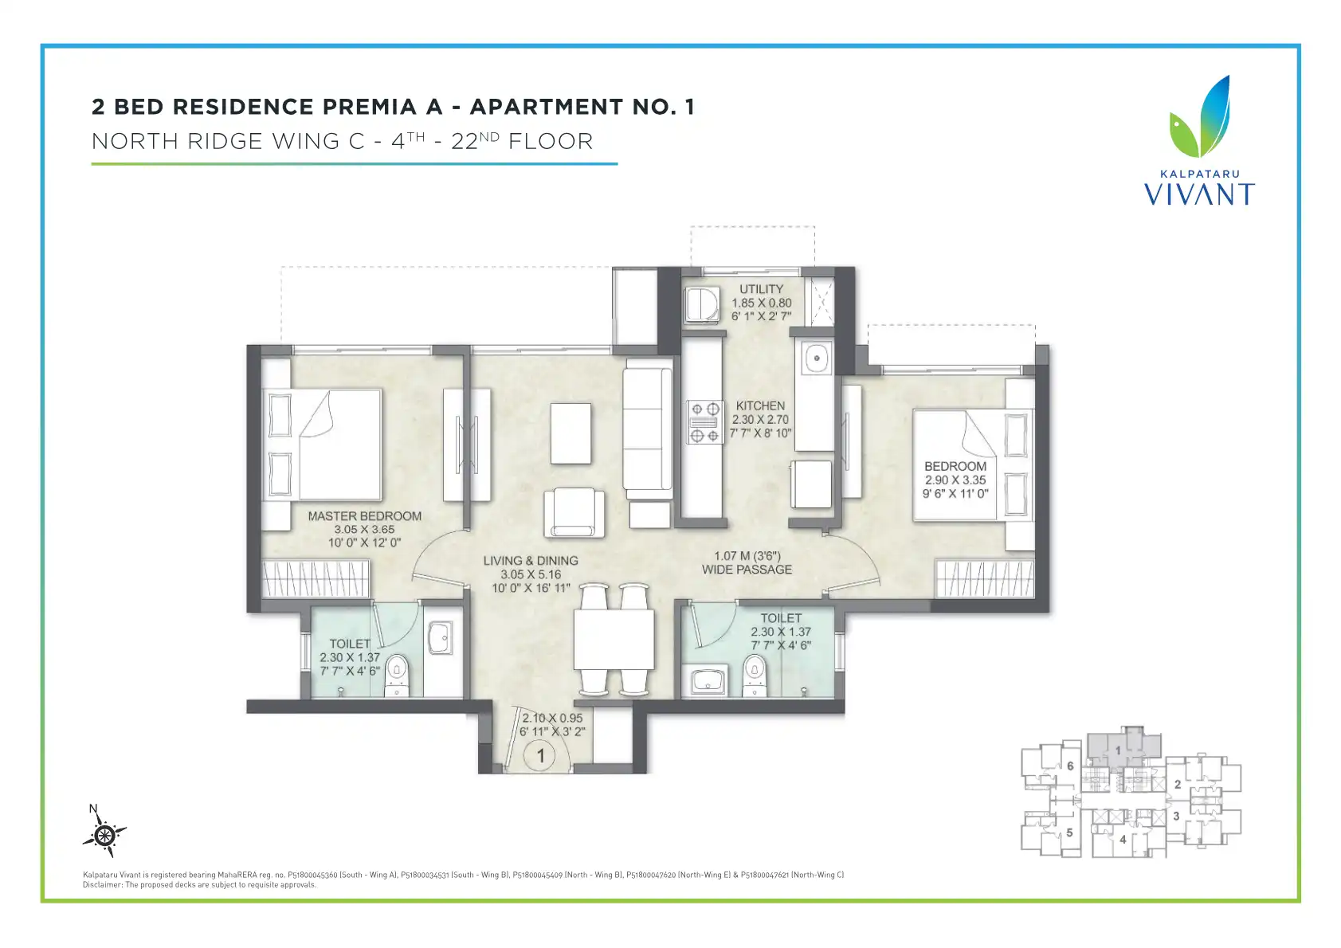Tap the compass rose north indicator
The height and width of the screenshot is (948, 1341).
(x=104, y=832)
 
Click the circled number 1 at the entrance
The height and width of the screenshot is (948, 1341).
(x=540, y=756)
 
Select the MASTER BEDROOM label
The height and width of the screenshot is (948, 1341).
(x=365, y=516)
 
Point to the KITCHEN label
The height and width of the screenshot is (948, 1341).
(x=759, y=405)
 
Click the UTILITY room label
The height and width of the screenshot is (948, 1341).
(x=761, y=289)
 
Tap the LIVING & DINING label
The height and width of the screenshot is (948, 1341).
(x=531, y=561)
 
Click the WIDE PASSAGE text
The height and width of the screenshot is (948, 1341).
(x=747, y=570)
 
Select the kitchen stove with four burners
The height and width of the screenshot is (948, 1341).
(x=704, y=422)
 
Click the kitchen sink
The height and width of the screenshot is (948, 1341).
(x=816, y=358)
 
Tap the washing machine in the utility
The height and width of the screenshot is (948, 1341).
(x=702, y=305)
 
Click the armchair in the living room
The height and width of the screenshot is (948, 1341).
(x=574, y=512)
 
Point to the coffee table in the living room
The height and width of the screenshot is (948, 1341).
(x=571, y=433)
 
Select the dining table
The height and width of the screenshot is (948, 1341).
(x=614, y=639)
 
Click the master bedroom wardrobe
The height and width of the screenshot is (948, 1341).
(x=316, y=578)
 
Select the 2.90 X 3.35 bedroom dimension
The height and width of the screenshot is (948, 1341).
(x=955, y=480)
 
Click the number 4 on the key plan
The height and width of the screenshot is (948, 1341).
(x=1123, y=840)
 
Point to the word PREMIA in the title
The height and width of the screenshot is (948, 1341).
(x=370, y=107)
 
